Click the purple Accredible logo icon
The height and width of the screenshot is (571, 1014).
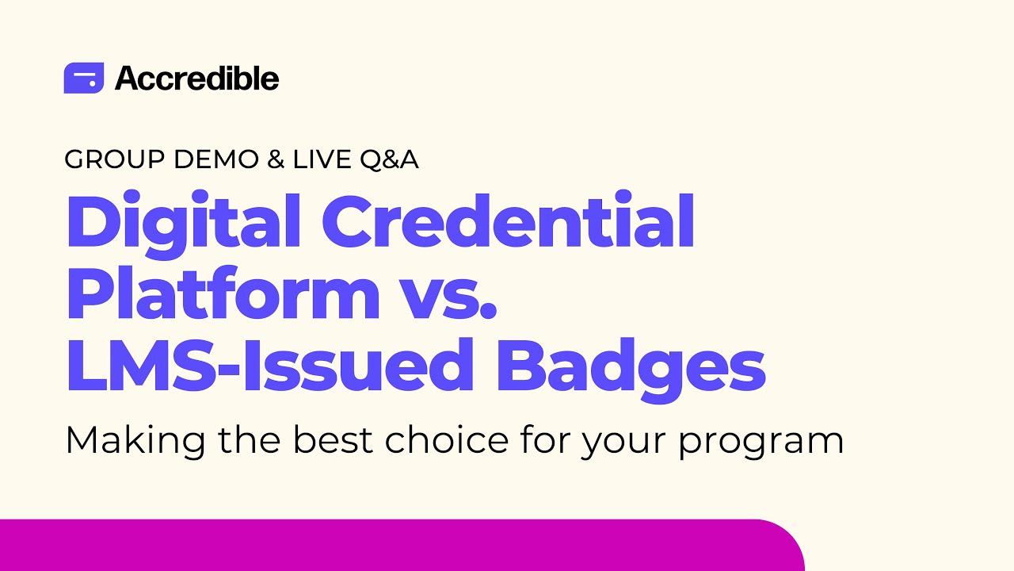[x=83, y=78]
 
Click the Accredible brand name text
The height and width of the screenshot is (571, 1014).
[x=196, y=79]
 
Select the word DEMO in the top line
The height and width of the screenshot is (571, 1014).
[x=215, y=159]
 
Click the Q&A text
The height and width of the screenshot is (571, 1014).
[x=389, y=159]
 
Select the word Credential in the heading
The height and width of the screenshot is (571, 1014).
[x=508, y=221]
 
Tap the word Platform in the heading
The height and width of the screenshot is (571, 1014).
[x=223, y=294]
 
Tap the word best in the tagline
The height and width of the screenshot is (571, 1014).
[x=332, y=440]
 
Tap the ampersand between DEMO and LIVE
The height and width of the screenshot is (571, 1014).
[x=276, y=159]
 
